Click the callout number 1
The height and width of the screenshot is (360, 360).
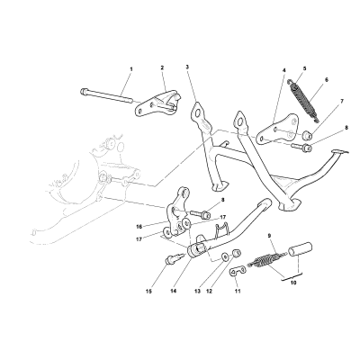click(x=131, y=69)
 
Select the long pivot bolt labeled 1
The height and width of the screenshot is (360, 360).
click(x=106, y=94)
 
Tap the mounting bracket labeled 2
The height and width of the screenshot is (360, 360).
click(x=158, y=103)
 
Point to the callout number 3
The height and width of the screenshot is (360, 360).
click(x=187, y=67)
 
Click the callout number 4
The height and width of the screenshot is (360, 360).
click(x=284, y=71)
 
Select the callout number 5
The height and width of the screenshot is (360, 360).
click(x=304, y=68)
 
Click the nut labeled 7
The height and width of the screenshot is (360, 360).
click(x=307, y=136)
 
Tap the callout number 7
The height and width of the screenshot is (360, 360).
click(x=342, y=102)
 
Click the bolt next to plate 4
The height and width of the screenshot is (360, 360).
click(x=302, y=147)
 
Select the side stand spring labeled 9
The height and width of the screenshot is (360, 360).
click(x=265, y=259)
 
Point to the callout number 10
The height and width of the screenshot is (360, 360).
click(x=293, y=283)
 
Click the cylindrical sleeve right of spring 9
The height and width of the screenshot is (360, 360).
click(x=300, y=249)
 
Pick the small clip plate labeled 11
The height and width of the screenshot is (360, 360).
click(x=238, y=271)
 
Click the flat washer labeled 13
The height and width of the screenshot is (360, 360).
click(x=224, y=256)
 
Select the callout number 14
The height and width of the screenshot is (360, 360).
click(x=173, y=291)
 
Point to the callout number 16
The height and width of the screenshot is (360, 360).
click(x=139, y=227)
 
